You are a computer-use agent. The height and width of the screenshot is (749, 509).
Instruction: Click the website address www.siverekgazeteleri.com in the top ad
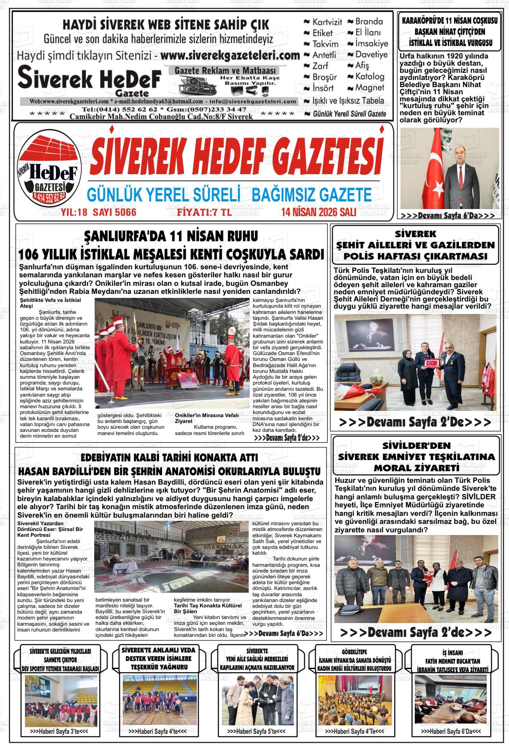pos(229,56)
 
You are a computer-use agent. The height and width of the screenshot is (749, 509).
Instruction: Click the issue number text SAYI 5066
pos(114,212)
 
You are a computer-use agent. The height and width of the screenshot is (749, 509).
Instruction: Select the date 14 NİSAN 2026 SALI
pos(318,212)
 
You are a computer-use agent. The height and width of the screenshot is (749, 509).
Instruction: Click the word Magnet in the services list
pos(370,88)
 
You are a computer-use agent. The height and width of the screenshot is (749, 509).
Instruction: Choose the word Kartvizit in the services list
pos(327,22)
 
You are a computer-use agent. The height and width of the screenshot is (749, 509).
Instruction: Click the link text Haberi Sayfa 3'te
pos(59,732)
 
